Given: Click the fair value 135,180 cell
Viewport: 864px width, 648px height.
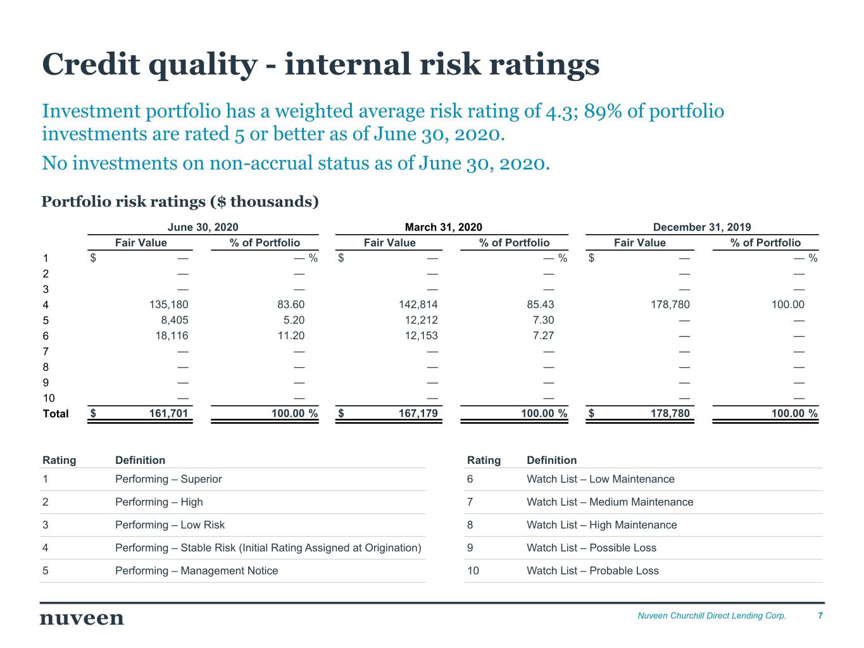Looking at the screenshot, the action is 168,304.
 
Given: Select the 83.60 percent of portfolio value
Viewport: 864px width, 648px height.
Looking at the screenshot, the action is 291,304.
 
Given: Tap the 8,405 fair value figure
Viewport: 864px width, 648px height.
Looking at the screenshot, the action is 174,320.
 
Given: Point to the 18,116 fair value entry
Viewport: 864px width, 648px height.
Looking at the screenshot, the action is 172,335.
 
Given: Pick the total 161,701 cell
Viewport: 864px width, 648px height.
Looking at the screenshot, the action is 168,413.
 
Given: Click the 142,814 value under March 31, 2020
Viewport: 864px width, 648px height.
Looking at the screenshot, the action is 418,304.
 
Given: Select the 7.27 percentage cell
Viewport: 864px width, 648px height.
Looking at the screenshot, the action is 543,335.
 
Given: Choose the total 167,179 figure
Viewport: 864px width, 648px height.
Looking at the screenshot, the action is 418,413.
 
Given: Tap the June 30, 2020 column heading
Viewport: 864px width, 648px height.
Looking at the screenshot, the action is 203,227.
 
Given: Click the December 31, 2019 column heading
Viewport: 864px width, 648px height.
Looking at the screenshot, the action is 702,227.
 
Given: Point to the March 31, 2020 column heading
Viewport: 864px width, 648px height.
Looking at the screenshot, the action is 443,227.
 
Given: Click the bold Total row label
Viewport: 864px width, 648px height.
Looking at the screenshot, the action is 56,413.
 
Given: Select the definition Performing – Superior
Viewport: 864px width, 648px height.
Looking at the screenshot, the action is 168,479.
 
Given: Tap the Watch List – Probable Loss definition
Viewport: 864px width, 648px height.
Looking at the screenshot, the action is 592,571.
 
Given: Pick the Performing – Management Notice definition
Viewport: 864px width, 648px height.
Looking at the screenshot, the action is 196,571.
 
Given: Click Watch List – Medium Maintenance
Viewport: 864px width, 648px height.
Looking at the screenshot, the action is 610,502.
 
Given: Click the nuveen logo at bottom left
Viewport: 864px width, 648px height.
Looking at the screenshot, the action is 82,618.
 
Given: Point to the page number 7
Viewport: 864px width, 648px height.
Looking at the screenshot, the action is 820,615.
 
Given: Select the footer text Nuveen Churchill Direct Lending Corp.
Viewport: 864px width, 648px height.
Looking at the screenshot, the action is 711,616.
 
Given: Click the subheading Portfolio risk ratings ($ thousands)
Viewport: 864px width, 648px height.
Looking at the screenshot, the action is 180,201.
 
